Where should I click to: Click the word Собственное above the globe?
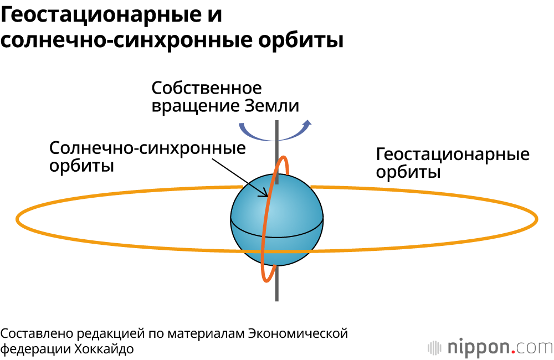(207, 89)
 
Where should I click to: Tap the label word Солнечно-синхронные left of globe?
(147, 148)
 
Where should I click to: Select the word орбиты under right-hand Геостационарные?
(408, 172)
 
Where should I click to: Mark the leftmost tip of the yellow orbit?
(18, 219)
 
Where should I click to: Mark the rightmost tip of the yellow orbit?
(536, 219)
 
